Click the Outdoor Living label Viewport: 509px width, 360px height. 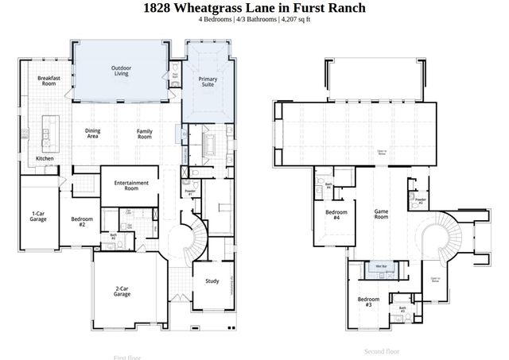[x=122, y=71]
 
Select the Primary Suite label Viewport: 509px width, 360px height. [x=208, y=82]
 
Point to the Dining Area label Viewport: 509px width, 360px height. [x=93, y=134]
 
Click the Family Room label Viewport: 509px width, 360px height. [x=144, y=134]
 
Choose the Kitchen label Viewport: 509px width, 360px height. [x=45, y=159]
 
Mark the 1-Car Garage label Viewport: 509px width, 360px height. [x=37, y=216]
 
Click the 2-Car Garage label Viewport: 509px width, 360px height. [x=122, y=292]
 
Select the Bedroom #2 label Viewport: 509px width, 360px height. [x=77, y=222]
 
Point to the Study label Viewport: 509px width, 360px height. [x=212, y=281]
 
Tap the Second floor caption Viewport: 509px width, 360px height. [x=382, y=350]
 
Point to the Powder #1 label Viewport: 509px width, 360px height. [x=190, y=192]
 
